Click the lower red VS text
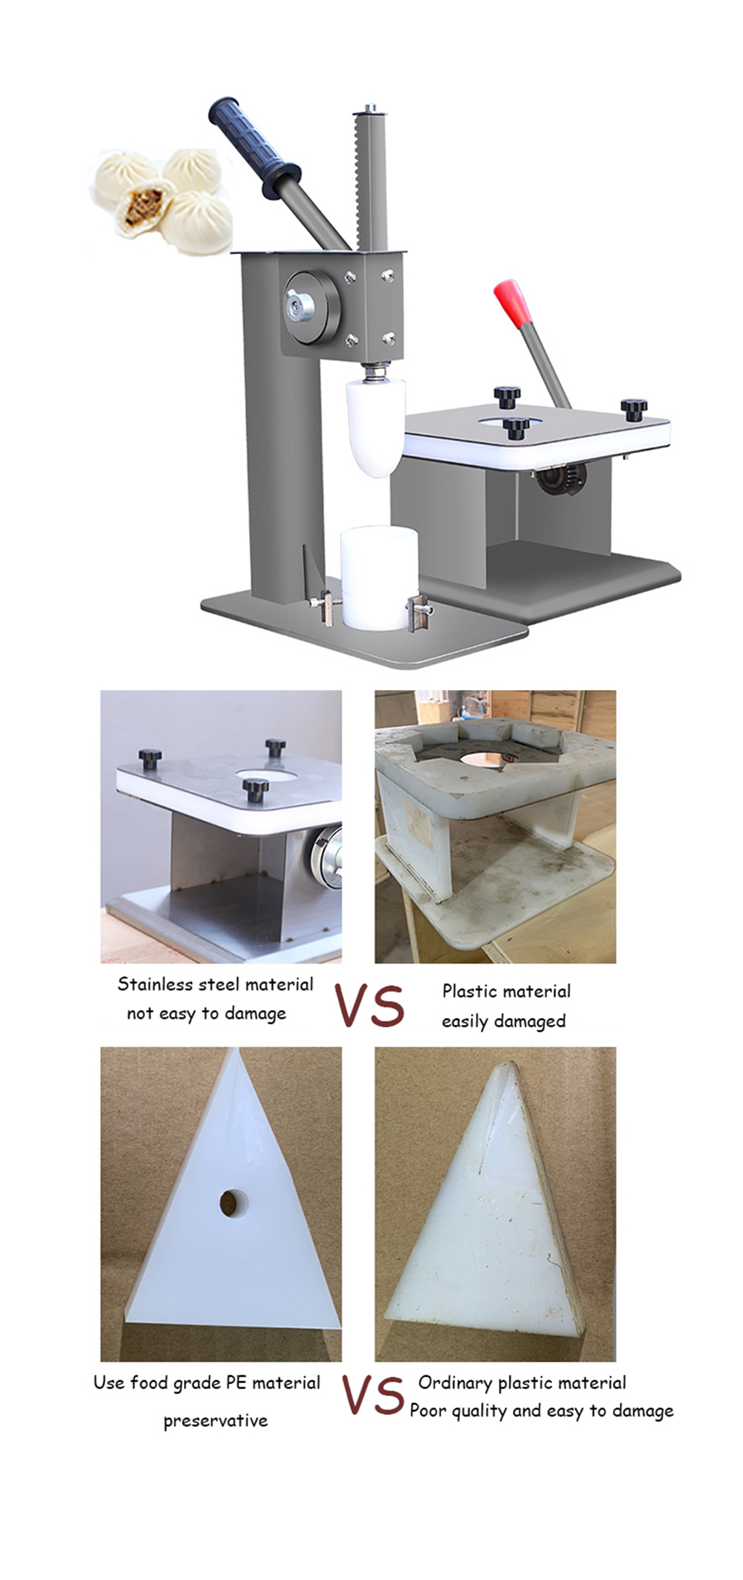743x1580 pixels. (x=373, y=1395)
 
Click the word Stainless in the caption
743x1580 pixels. (x=155, y=984)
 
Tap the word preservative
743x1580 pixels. (x=216, y=1421)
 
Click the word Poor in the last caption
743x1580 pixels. (x=428, y=1411)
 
